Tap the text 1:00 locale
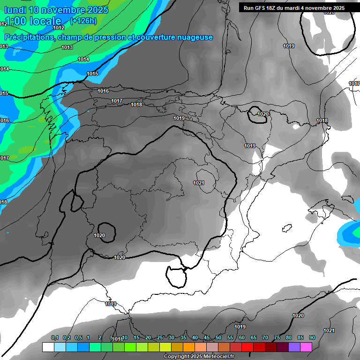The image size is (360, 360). click(32, 21)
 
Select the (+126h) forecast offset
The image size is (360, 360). click(83, 21)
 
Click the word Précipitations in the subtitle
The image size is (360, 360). click(29, 37)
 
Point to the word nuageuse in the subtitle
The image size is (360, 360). click(194, 37)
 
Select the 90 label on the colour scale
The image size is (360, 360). click(312, 337)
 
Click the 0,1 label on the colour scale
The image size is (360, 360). click(55, 337)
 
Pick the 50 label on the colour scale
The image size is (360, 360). click(218, 337)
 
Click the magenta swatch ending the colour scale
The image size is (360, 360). click(306, 347)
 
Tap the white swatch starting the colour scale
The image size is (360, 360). click(48, 347)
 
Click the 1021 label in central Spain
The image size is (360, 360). click(199, 183)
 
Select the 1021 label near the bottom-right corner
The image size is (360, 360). click(329, 331)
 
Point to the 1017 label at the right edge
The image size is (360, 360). click(354, 83)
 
